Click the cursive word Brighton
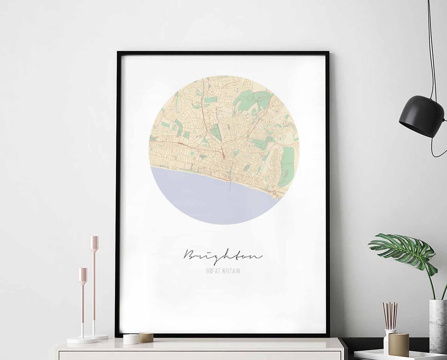coord(223,255)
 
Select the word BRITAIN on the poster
coord(231,271)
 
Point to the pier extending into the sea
coord(230,184)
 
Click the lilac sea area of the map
coord(211,199)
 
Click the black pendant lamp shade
coord(421,116)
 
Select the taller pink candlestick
coord(94,286)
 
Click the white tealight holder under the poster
coord(131,339)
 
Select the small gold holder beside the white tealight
coord(146,338)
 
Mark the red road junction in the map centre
coord(223,156)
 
